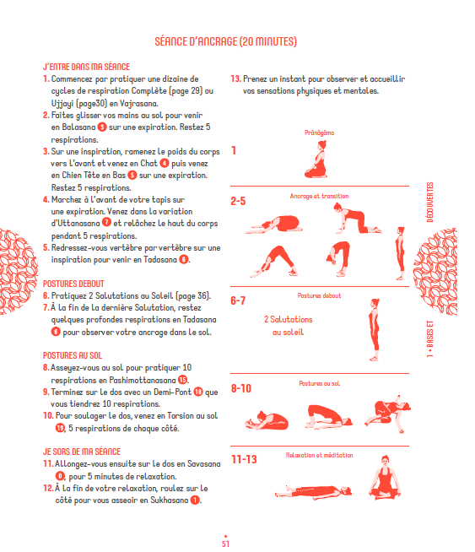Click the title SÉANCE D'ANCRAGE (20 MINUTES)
point(226,41)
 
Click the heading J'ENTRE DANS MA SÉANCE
point(85,65)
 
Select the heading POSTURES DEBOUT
point(73,284)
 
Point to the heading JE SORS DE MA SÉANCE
point(81,452)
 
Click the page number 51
point(226,543)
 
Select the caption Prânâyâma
point(320,133)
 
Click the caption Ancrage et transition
point(319,197)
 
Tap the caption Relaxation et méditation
point(319,455)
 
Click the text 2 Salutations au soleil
point(288,326)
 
